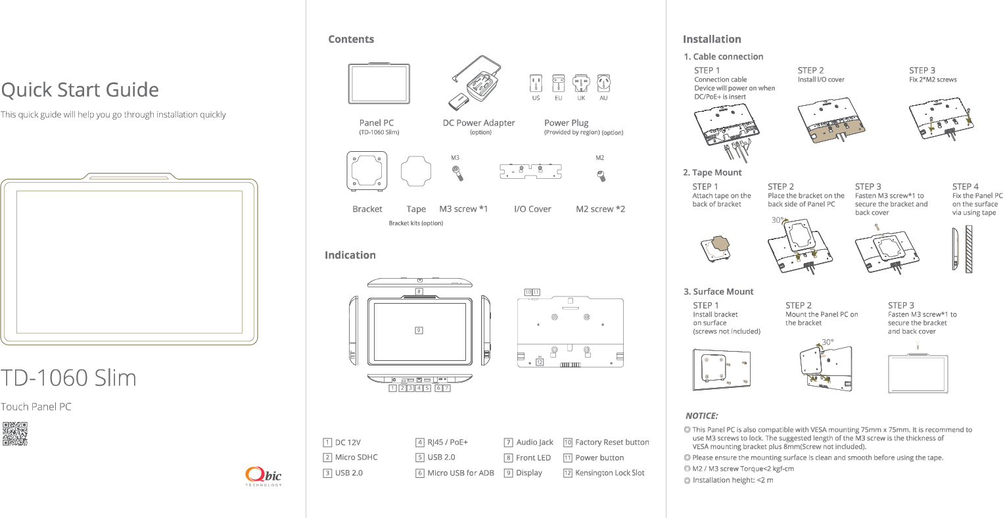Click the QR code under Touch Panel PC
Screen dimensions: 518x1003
tap(15, 434)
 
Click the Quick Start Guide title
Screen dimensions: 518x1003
tap(80, 90)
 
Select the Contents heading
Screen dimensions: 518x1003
tap(351, 39)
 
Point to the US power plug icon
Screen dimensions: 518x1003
tap(536, 84)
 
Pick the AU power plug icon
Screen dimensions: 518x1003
tap(603, 84)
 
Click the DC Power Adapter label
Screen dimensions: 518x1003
tap(478, 123)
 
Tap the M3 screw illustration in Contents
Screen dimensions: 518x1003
tap(456, 174)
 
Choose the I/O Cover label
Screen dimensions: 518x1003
tap(532, 209)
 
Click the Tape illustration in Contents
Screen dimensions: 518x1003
tap(416, 172)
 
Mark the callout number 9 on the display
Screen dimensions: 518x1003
tap(419, 331)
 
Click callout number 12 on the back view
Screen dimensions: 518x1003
tap(540, 362)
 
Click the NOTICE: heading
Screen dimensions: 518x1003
tap(701, 416)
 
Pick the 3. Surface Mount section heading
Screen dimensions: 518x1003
tap(718, 292)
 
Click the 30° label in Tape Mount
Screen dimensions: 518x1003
tap(777, 221)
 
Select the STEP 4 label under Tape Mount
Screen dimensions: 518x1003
tap(965, 187)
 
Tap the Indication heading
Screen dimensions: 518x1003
tap(350, 255)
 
